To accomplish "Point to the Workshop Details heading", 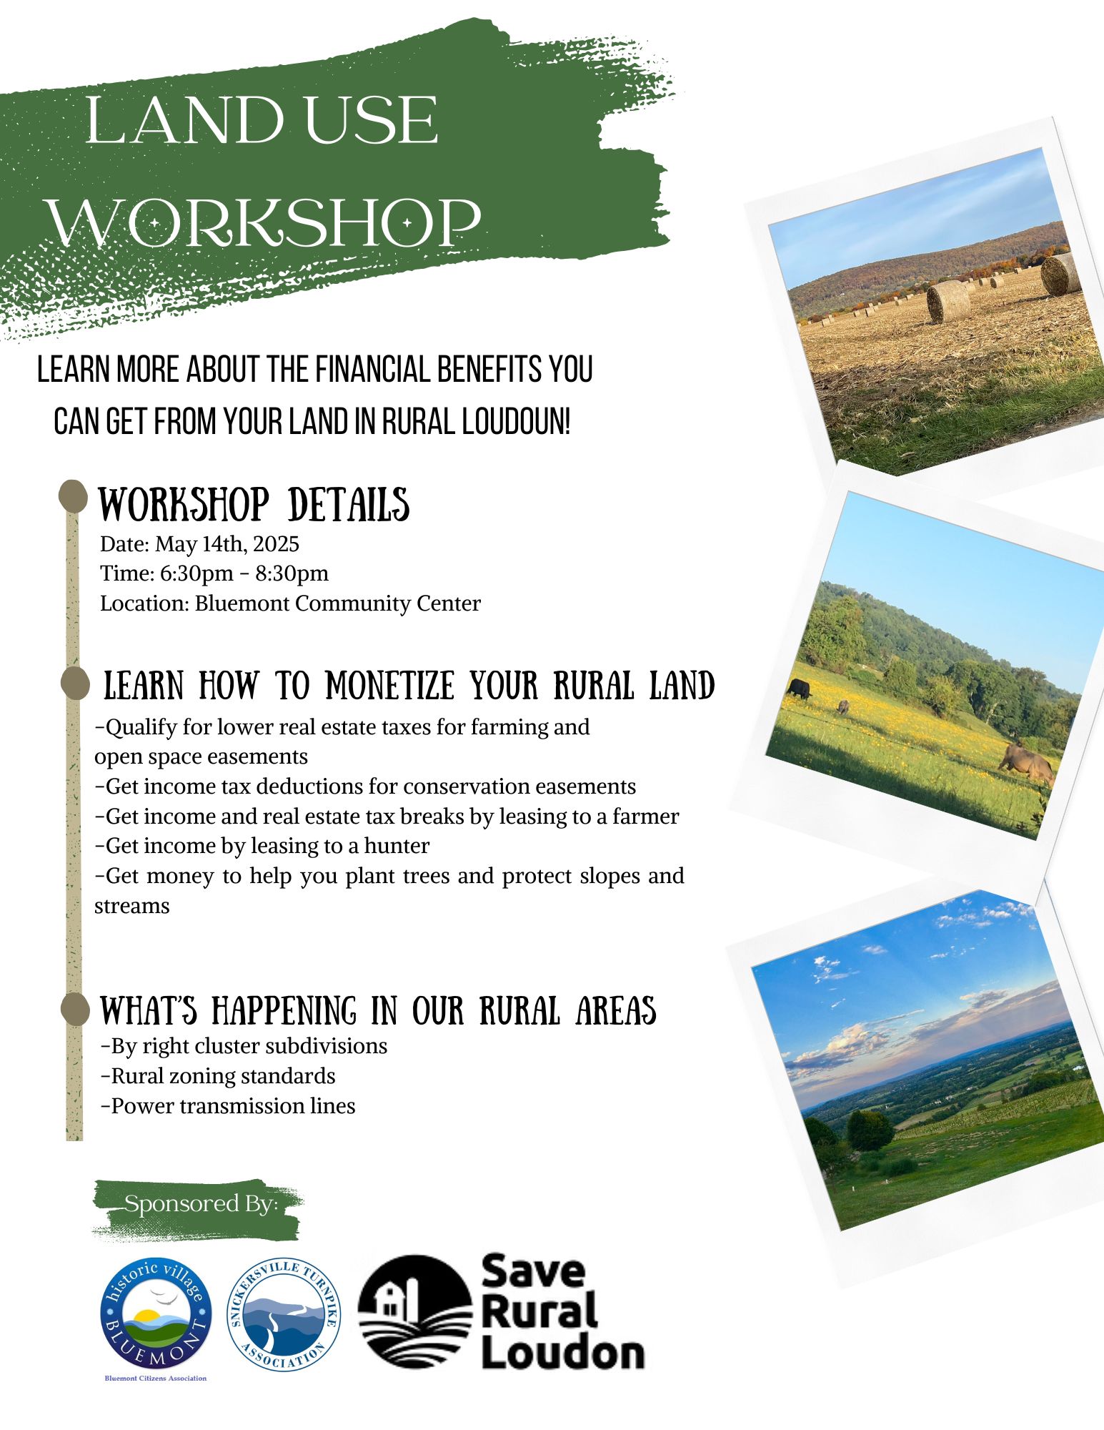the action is tap(254, 505).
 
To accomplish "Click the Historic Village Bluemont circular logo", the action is tap(156, 1313).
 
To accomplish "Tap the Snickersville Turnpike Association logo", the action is tap(284, 1314).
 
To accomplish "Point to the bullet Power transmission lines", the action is tap(228, 1105).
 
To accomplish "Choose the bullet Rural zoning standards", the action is tap(218, 1076).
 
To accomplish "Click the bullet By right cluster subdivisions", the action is tap(244, 1046).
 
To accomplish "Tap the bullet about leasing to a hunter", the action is tap(262, 846).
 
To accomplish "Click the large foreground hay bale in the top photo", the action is tap(949, 301).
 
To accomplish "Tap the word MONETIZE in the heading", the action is tap(389, 686).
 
